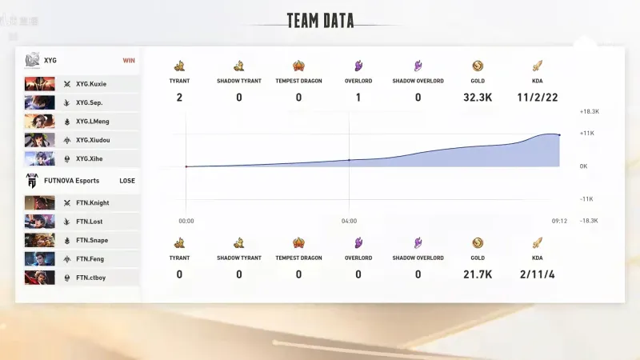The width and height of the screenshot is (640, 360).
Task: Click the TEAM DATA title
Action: [320, 21]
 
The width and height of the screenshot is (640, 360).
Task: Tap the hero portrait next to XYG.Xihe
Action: [39, 158]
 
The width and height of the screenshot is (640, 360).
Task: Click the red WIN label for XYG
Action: [129, 60]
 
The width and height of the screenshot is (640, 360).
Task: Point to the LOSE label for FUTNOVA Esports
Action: [127, 181]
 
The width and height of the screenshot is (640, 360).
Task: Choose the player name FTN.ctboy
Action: [90, 278]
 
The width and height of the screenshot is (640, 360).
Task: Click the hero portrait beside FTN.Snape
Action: [39, 240]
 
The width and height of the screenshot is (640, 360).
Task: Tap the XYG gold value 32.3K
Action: [478, 98]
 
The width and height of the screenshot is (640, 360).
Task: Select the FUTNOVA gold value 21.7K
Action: [478, 274]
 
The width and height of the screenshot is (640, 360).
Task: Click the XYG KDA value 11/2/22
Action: [537, 98]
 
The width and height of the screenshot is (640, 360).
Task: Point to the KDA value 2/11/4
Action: [537, 274]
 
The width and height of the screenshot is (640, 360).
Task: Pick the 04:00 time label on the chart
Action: [349, 221]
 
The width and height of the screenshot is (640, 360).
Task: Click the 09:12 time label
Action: [559, 221]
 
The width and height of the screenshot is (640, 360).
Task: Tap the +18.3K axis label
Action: [589, 112]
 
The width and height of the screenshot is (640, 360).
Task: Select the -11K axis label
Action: [586, 198]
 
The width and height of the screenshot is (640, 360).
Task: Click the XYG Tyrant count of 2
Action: [179, 98]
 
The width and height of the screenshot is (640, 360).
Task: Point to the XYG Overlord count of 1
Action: [358, 98]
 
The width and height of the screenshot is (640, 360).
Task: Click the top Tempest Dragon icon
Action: [298, 66]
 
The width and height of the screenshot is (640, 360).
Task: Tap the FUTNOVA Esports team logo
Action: [32, 181]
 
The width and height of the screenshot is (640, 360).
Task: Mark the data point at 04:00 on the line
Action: [349, 160]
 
